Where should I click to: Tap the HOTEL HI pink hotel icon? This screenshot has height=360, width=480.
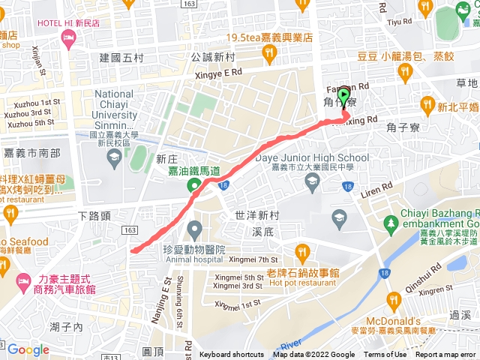(x=70, y=38)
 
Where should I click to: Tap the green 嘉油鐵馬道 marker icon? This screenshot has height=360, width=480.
(x=195, y=184)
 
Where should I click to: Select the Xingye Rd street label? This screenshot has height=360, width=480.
(x=217, y=72)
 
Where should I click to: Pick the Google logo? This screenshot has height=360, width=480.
(x=28, y=349)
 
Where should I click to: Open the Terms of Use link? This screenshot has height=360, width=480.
(x=385, y=355)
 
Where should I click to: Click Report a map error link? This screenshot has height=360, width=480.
(x=446, y=355)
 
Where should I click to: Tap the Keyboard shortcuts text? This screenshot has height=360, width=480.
(x=232, y=355)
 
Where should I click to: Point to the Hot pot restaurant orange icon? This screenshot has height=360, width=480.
(x=302, y=250)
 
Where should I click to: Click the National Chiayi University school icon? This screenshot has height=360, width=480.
(x=114, y=157)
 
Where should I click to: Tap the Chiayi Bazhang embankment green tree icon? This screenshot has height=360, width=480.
(x=390, y=223)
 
